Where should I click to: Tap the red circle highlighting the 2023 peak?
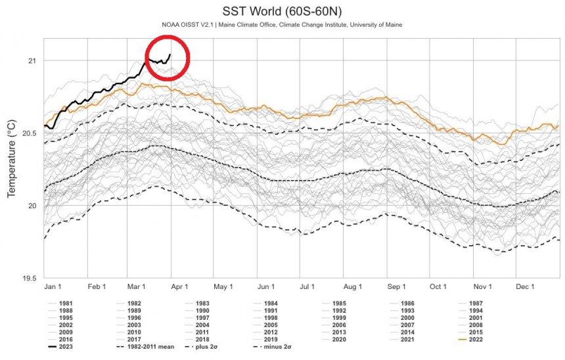pyautogui.click(x=167, y=58)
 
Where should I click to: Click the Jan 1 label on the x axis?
pyautogui.click(x=53, y=287)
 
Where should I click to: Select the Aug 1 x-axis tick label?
pyautogui.click(x=353, y=287)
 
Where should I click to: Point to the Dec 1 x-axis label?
pyautogui.click(x=524, y=287)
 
